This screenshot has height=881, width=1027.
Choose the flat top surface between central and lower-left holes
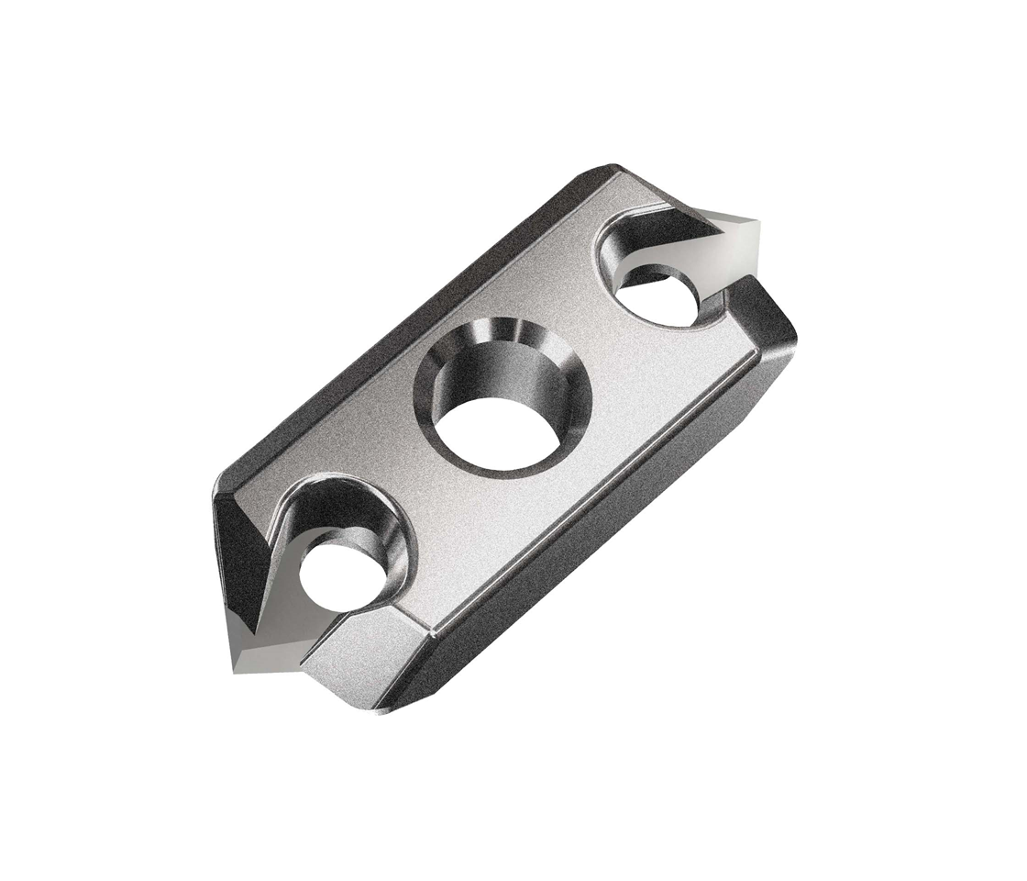pos(431,514)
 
